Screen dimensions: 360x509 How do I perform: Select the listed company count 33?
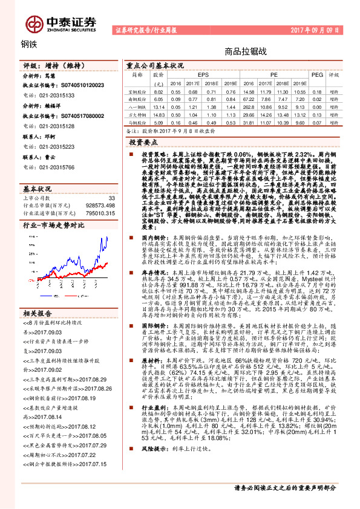[111, 198]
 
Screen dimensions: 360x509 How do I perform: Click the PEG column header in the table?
[316, 74]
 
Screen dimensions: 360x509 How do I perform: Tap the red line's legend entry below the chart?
[79, 285]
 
